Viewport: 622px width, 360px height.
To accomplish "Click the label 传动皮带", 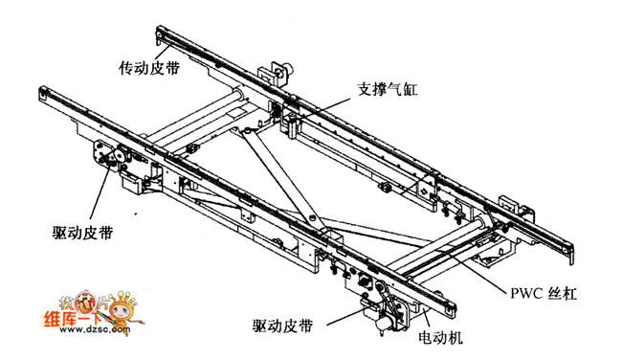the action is [149, 67].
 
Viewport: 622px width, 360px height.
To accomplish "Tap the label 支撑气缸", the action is [388, 89].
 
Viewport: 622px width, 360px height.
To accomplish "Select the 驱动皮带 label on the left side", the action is [83, 233].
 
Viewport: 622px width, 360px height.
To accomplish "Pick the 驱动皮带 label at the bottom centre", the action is [282, 326].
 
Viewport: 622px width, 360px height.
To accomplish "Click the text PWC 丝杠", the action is [544, 294].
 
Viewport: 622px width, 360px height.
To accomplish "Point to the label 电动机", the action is [440, 338].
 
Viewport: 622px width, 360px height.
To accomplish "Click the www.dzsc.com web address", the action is [95, 329].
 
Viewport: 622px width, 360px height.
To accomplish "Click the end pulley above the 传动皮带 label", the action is [159, 34].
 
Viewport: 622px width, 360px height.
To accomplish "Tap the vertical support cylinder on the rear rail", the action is [293, 126].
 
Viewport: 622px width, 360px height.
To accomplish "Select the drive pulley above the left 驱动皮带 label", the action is [118, 155].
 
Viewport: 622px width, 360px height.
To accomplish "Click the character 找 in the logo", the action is [66, 303].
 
